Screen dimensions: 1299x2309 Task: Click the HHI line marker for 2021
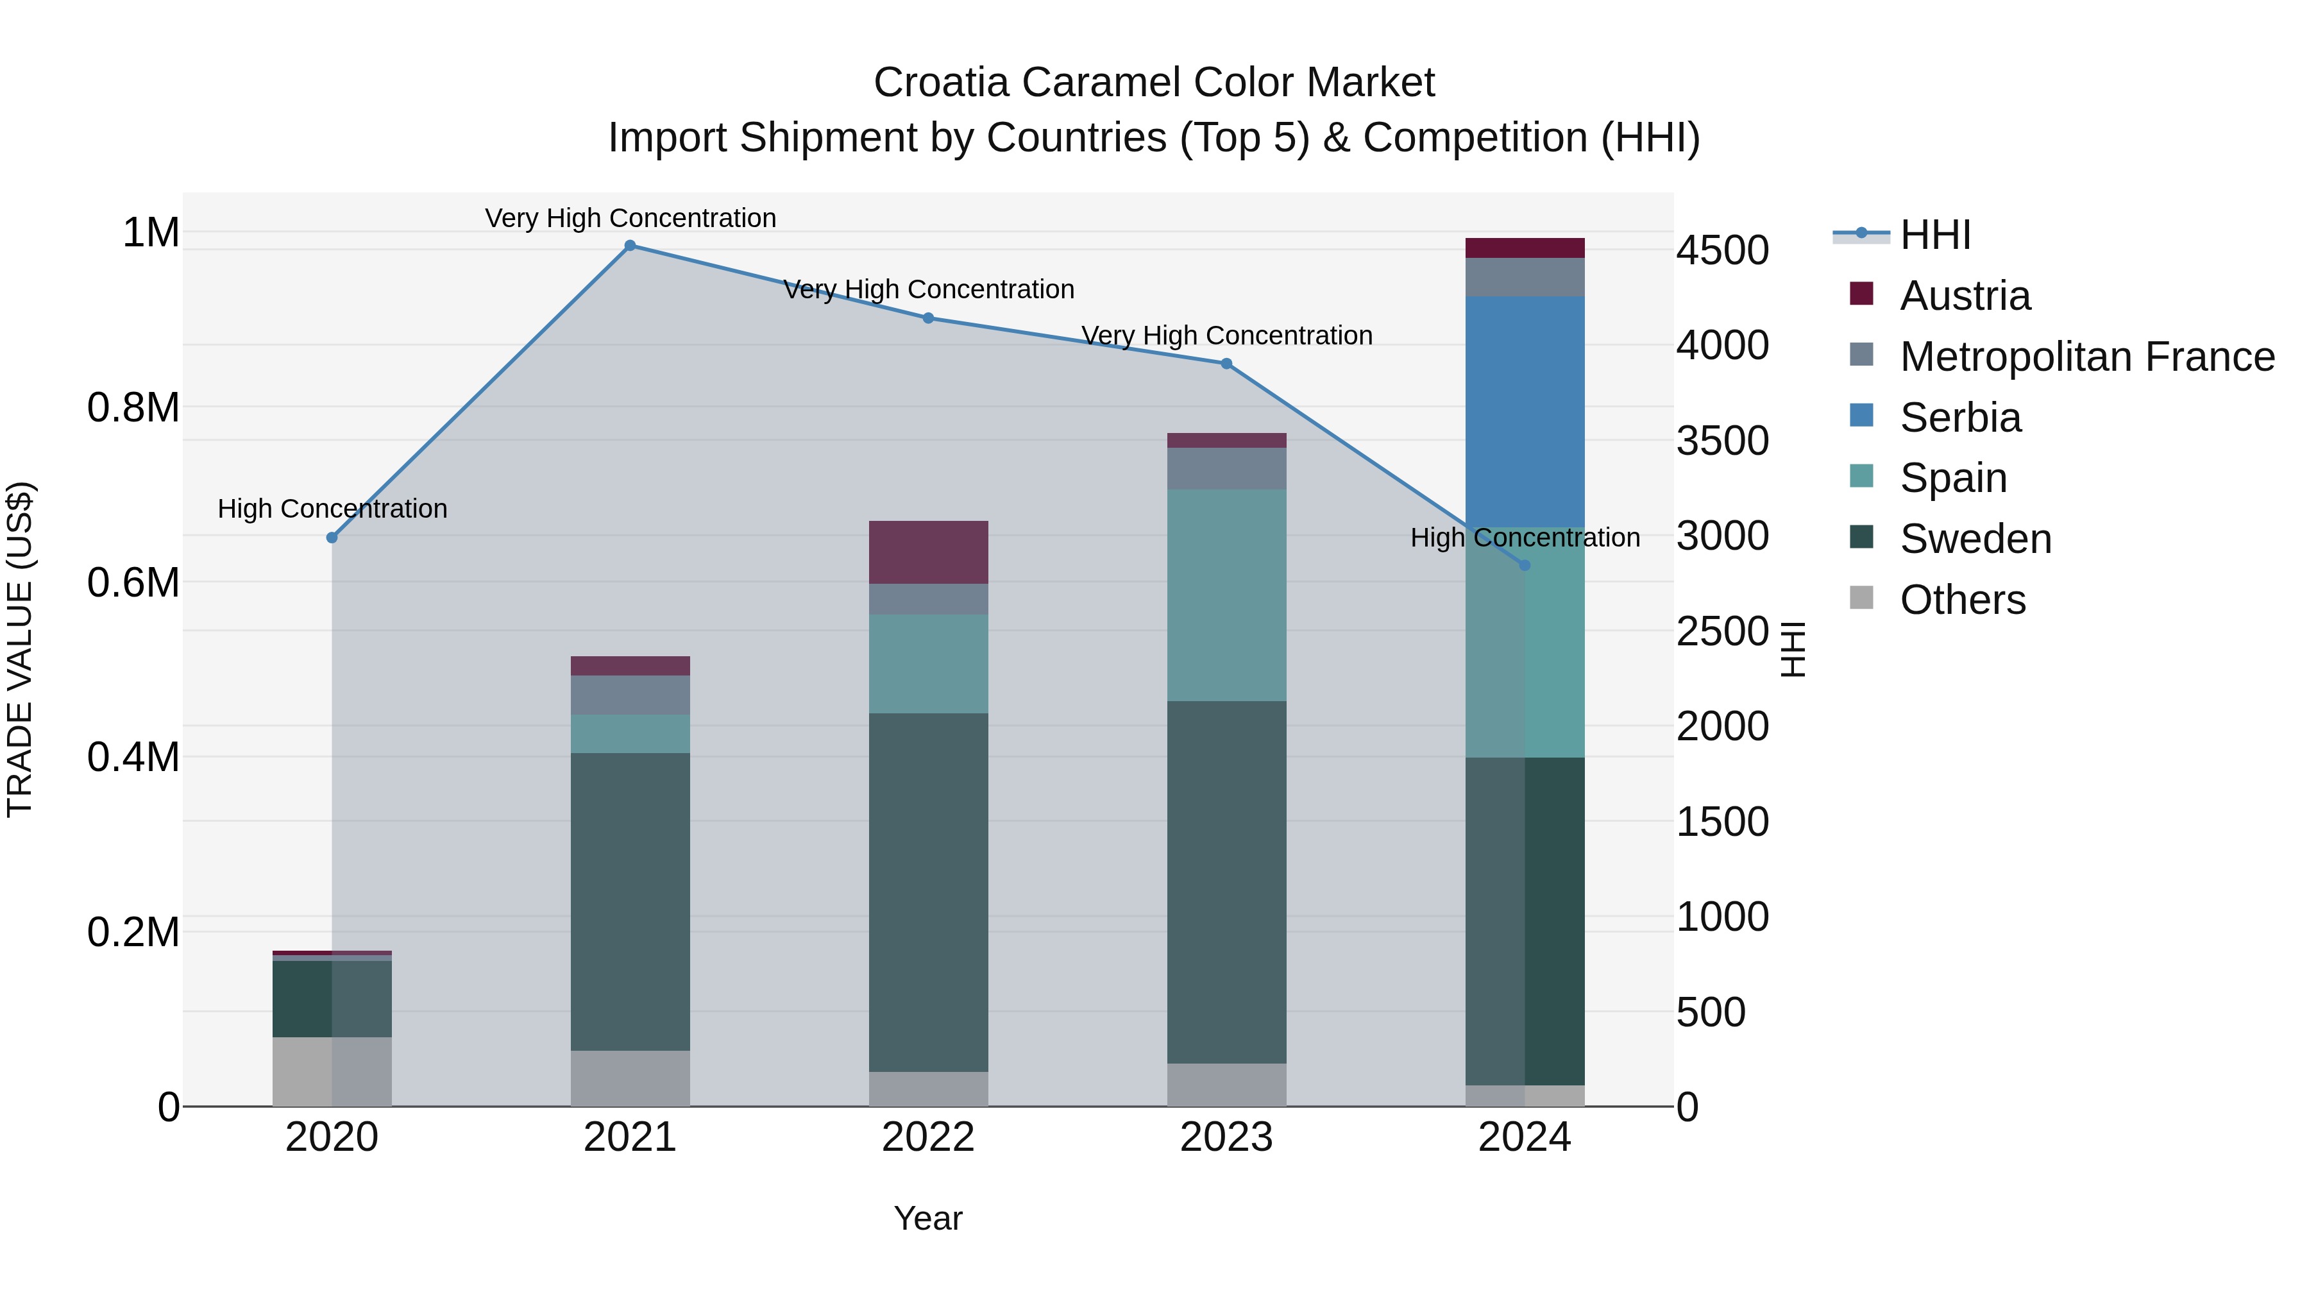tap(630, 246)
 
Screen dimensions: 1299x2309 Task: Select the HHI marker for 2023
tap(1226, 364)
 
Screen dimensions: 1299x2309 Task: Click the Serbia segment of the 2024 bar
tap(1525, 412)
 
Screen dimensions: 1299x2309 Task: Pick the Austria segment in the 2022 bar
tap(929, 552)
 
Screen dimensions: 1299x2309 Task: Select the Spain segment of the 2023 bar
tap(1226, 595)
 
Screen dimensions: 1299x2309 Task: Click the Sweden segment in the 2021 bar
tap(630, 901)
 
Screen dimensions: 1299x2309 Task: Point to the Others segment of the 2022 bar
tap(929, 1089)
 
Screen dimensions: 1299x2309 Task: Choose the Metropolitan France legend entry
tap(2086, 357)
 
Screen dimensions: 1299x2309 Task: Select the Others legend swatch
tap(1862, 598)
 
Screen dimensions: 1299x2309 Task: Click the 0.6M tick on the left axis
tap(133, 582)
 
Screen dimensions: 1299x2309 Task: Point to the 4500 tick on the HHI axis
tap(1722, 250)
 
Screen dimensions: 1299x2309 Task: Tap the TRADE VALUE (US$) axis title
tap(20, 649)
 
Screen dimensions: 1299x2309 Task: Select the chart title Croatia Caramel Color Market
tap(1154, 83)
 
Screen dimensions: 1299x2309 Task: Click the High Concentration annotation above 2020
tap(332, 509)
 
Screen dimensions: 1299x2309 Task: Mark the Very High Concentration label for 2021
tap(630, 219)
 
